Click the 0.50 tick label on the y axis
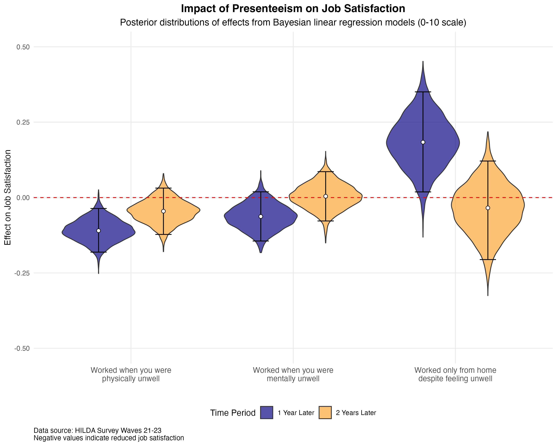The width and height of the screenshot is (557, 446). (23, 47)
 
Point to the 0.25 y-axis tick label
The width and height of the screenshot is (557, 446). (23, 122)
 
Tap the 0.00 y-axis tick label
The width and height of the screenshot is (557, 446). (23, 198)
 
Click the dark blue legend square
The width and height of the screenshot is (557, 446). (266, 412)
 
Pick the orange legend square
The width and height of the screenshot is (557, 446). (325, 412)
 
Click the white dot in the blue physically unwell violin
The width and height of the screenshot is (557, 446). (98, 231)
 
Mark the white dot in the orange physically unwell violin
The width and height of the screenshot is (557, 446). (163, 211)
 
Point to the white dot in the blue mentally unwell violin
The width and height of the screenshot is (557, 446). (261, 216)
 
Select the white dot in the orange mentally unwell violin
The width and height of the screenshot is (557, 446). (325, 196)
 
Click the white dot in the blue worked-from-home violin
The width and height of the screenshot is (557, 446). (423, 142)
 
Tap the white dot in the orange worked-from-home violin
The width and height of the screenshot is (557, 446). (488, 208)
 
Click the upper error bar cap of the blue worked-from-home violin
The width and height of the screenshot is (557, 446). (423, 92)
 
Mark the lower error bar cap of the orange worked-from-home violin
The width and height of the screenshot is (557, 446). (488, 259)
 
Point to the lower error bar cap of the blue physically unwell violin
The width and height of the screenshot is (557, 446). (98, 252)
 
